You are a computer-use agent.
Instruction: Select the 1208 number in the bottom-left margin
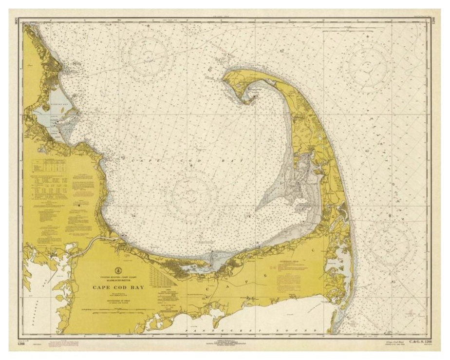21,342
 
